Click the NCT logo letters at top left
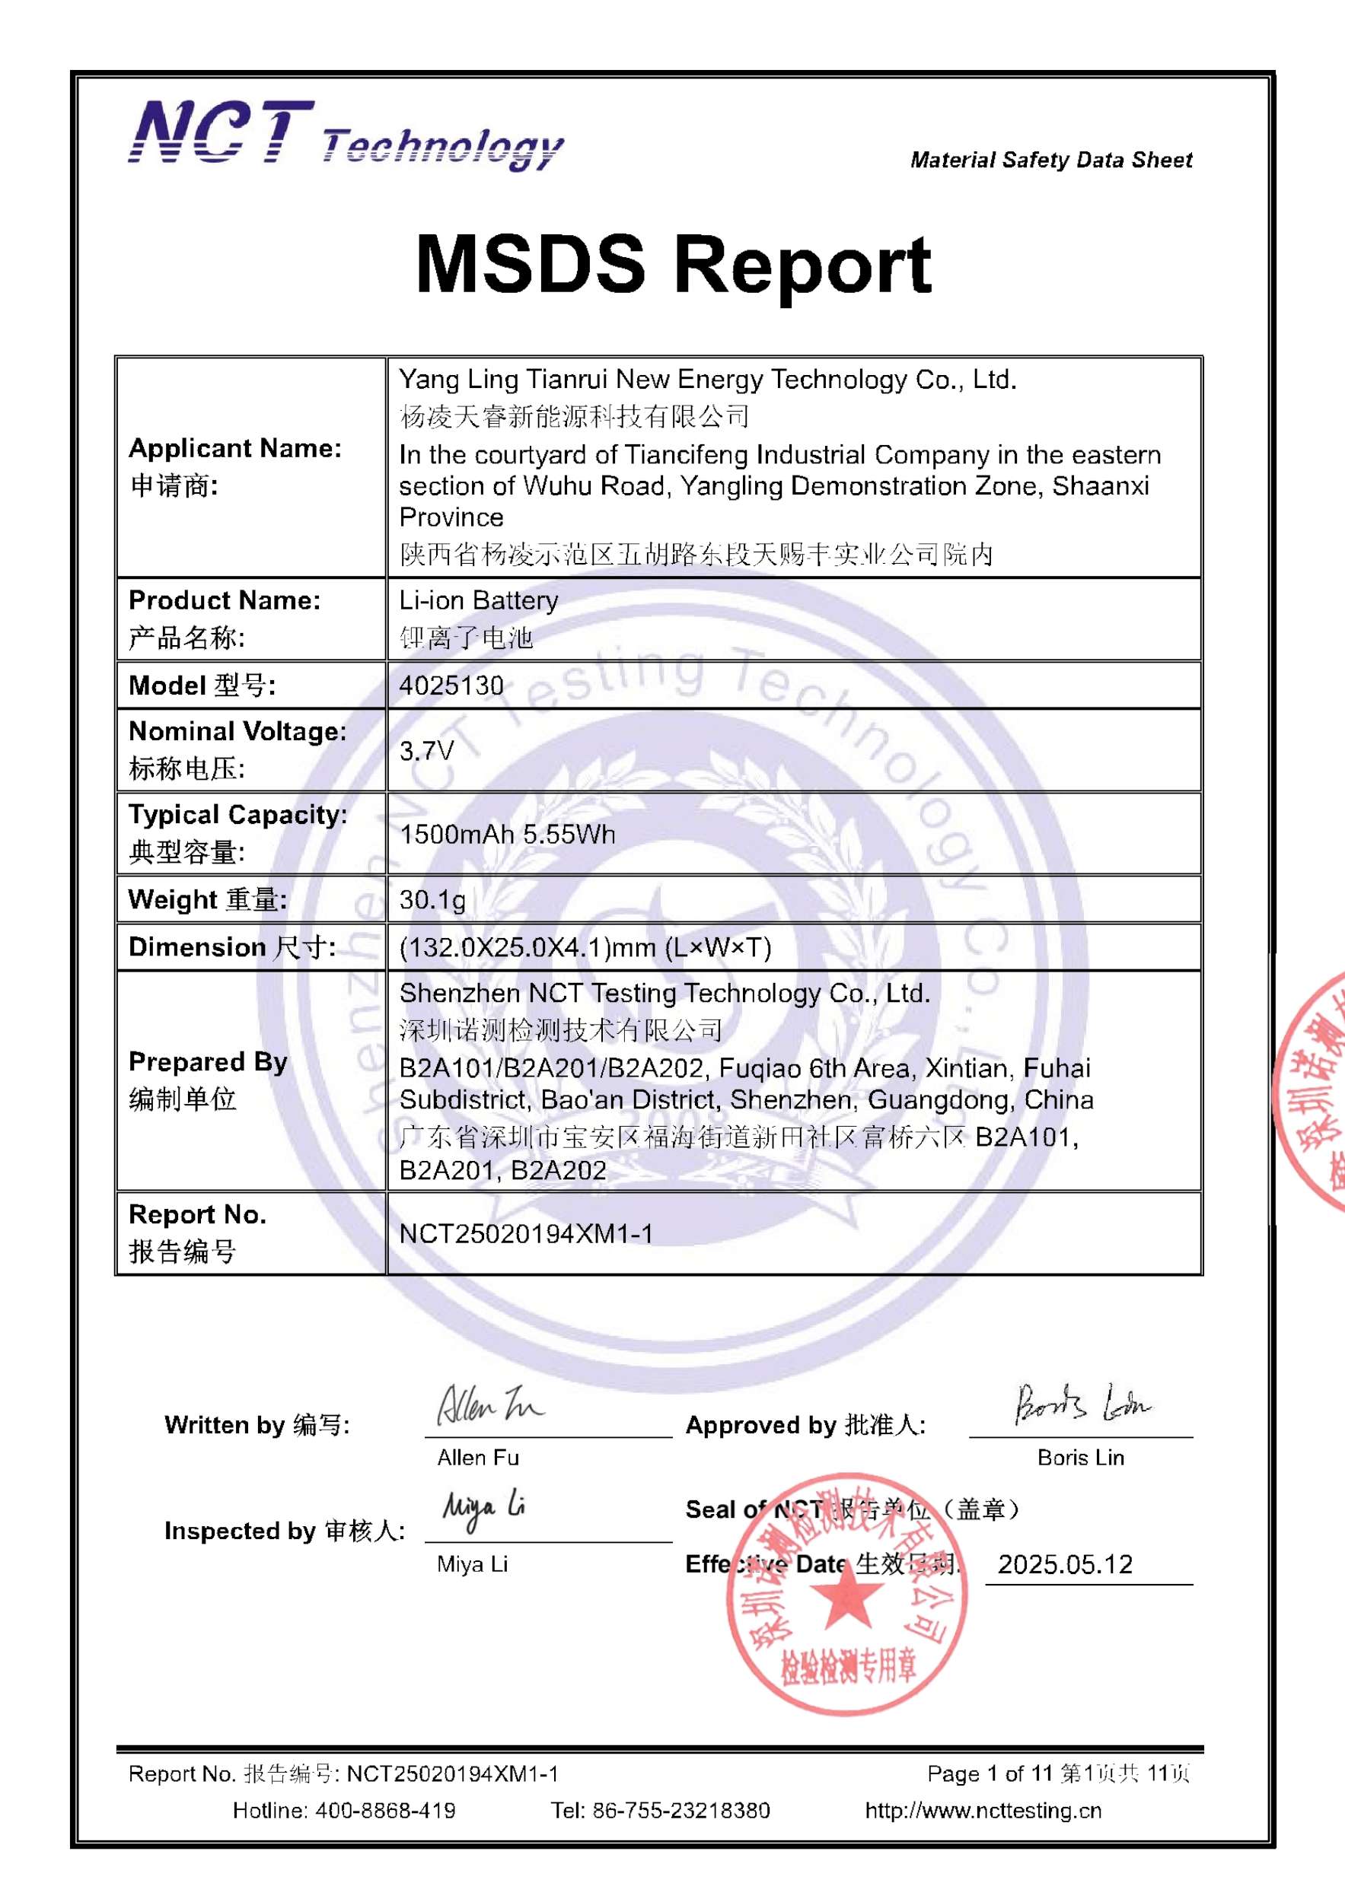pyautogui.click(x=222, y=132)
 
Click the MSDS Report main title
pyautogui.click(x=673, y=265)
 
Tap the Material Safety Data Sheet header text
pyautogui.click(x=1051, y=160)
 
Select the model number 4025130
pyautogui.click(x=451, y=685)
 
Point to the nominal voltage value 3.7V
pyautogui.click(x=426, y=750)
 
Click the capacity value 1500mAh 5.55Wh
pyautogui.click(x=507, y=834)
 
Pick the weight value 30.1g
pyautogui.click(x=432, y=899)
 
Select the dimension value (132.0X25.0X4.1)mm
pyautogui.click(x=585, y=947)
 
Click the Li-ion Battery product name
pyautogui.click(x=478, y=600)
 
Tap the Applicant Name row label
pyautogui.click(x=234, y=449)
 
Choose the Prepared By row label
pyautogui.click(x=208, y=1062)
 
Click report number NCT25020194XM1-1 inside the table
pyautogui.click(x=525, y=1233)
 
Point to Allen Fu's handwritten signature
pyautogui.click(x=489, y=1405)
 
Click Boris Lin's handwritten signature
pyautogui.click(x=1082, y=1404)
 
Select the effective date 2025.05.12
pyautogui.click(x=1065, y=1564)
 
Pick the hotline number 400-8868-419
pyautogui.click(x=384, y=1811)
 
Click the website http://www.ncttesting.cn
pyautogui.click(x=983, y=1811)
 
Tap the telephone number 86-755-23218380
pyautogui.click(x=680, y=1811)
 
